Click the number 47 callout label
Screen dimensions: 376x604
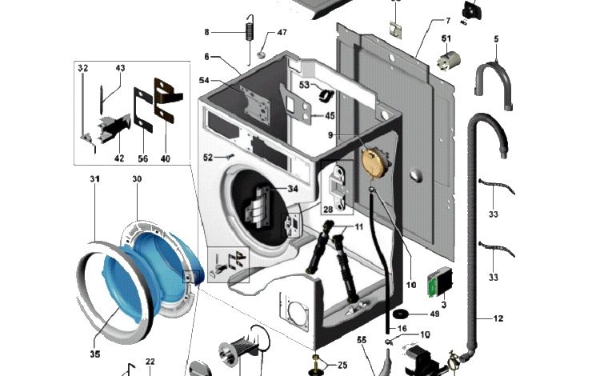pos(282,33)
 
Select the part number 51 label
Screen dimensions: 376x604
pos(446,38)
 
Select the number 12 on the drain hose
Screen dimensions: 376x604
pos(498,318)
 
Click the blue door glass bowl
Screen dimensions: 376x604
pos(117,285)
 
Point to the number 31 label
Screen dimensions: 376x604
pos(94,179)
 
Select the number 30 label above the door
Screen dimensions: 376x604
pos(137,179)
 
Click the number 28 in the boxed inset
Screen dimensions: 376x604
pos(327,210)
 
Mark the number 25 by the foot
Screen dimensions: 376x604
pos(342,366)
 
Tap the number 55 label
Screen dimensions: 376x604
pos(361,340)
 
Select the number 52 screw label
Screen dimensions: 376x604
pos(207,157)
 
